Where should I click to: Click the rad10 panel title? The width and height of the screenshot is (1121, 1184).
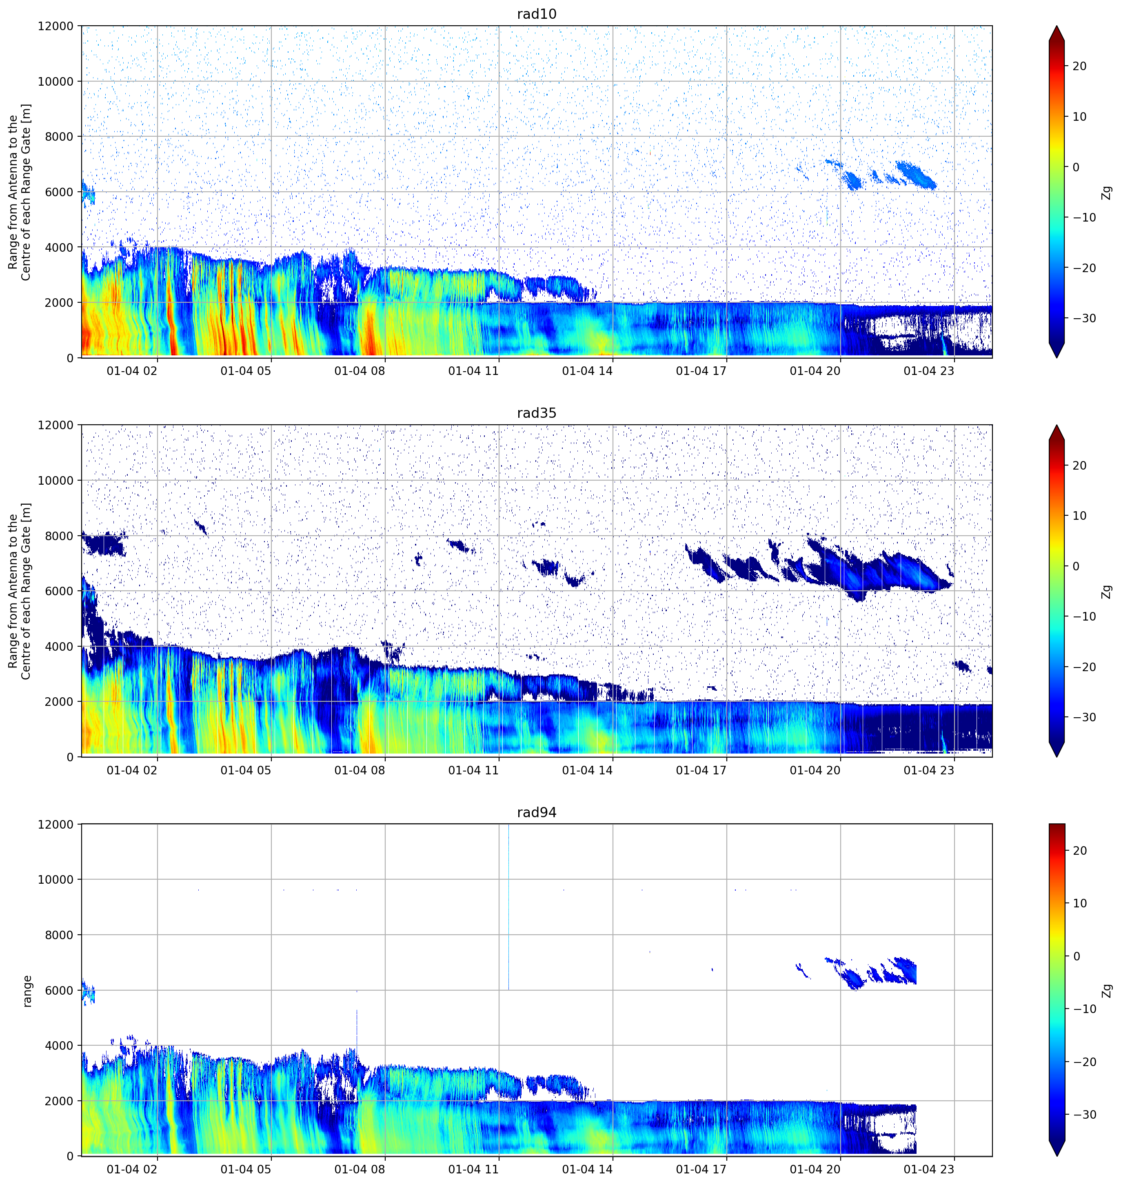(x=537, y=14)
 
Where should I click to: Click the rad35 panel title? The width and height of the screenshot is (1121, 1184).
(x=537, y=413)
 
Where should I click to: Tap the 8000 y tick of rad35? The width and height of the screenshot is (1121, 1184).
(x=60, y=536)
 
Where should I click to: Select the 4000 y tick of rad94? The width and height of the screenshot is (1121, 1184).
(x=60, y=1045)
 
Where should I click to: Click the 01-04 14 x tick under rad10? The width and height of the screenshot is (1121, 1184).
(x=587, y=371)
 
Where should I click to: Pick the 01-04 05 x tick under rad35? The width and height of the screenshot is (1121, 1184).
(x=246, y=770)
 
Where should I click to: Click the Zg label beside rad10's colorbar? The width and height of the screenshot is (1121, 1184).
(x=1107, y=192)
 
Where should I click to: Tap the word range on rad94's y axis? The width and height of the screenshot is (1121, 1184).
(x=27, y=991)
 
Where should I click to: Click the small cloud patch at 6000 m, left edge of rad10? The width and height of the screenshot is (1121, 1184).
(x=87, y=193)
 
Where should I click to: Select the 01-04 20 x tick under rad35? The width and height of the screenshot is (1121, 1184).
(x=815, y=770)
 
